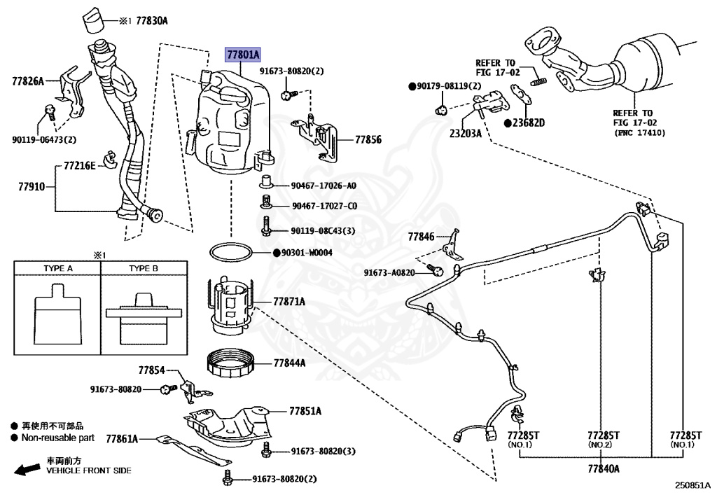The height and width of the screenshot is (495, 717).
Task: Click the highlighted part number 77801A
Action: pos(243,55)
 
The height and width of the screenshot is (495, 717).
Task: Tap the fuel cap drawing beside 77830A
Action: pos(94,20)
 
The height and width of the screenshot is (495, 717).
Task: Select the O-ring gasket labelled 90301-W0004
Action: pos(231,252)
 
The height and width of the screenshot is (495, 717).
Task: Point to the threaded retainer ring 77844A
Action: pos(230,363)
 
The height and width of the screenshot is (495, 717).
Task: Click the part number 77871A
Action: pos(289,302)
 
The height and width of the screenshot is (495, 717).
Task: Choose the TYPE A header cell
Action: pos(57,268)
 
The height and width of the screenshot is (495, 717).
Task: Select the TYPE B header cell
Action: pos(144,268)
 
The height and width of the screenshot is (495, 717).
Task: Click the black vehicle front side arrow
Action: pos(27,469)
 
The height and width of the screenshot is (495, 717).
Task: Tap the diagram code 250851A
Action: pos(693,485)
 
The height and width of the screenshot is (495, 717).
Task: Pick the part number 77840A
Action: pos(604,468)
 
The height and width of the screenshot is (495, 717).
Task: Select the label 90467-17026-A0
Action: pos(323,186)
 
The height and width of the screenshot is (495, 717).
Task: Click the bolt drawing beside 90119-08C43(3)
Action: pos(267,225)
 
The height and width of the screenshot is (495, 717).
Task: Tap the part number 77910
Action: pos(32,186)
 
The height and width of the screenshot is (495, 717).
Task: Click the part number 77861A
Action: pos(122,439)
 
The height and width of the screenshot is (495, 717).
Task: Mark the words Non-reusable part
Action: pos(57,438)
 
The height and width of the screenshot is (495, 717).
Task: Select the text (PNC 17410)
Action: pos(639,133)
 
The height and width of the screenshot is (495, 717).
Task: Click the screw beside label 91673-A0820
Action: pos(435,270)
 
